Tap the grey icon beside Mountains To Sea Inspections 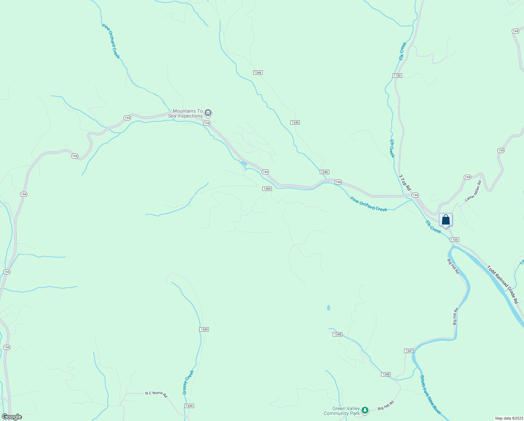(208, 113)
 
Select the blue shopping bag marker (446, 220)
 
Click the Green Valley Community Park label (342, 411)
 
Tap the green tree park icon (365, 410)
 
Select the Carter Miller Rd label (473, 191)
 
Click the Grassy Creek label (188, 382)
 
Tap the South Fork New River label (430, 395)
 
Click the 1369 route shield (267, 189)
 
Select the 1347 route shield (409, 351)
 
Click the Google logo (12, 416)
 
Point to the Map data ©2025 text (509, 418)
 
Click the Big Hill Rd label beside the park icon (386, 406)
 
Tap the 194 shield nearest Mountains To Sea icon (207, 123)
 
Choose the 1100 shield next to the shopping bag (454, 240)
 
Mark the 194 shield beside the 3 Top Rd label (415, 195)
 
